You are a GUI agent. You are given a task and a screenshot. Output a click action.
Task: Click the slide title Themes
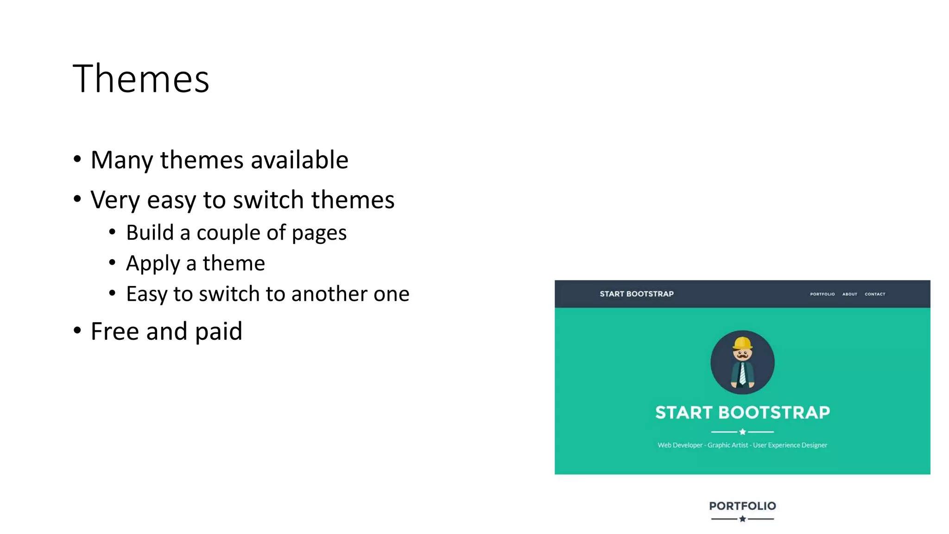pos(141,79)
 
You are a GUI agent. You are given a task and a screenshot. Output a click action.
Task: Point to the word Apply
pos(152,263)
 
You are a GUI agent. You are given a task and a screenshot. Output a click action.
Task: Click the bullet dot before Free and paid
pos(77,331)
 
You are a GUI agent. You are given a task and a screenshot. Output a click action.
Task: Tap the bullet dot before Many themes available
pos(77,159)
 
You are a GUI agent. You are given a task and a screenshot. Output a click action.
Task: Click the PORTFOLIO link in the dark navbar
pos(822,294)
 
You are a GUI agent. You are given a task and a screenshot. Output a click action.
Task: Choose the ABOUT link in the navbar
pos(849,294)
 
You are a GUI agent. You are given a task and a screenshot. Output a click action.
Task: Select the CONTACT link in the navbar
pos(874,294)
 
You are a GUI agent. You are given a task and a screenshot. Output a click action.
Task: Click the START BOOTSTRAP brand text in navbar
pos(636,294)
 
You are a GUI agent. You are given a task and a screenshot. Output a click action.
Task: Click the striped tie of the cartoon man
pos(742,374)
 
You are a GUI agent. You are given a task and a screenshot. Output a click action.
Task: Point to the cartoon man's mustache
pos(742,356)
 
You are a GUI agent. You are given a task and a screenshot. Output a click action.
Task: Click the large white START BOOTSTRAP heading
pos(742,412)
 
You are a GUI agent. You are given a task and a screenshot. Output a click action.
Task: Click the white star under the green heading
pos(742,432)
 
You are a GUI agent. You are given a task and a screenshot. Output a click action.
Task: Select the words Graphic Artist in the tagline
pos(728,445)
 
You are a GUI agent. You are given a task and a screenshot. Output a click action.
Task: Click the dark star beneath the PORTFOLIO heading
pos(742,519)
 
